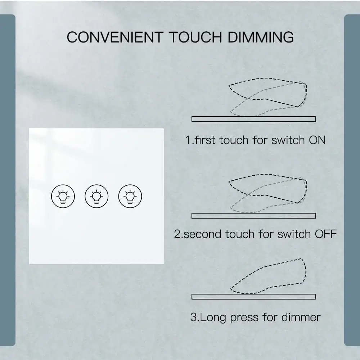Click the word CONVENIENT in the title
click(115, 37)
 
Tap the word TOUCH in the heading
click(195, 37)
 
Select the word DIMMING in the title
click(261, 37)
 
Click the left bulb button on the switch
click(63, 196)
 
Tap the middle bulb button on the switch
click(96, 196)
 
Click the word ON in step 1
click(317, 140)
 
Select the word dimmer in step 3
click(301, 317)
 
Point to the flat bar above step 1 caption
click(254, 119)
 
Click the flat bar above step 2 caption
click(254, 216)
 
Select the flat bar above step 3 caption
click(254, 296)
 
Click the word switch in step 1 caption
click(288, 140)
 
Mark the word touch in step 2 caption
click(240, 234)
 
